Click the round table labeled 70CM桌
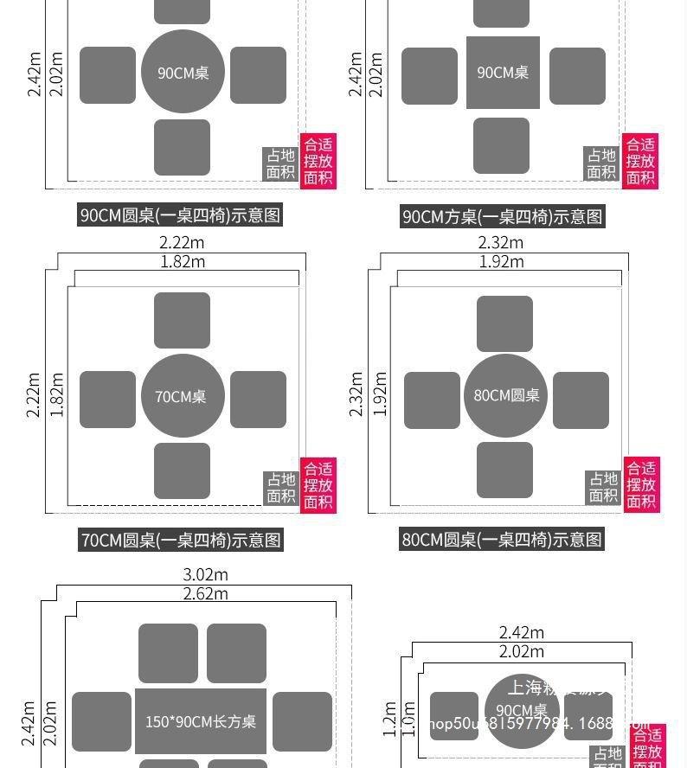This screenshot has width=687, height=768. [x=183, y=396]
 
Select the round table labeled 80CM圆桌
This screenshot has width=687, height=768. [x=506, y=395]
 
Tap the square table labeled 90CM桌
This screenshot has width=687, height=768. [x=503, y=73]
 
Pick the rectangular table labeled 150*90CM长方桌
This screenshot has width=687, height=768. [x=201, y=721]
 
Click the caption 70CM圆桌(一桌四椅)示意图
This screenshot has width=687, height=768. [x=182, y=540]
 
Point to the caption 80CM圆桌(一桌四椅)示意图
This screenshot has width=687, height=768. [x=502, y=540]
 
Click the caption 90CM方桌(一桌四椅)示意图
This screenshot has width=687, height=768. [x=502, y=216]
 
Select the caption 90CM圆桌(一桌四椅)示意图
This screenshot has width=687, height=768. [x=181, y=215]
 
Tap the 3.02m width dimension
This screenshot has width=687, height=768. [x=205, y=574]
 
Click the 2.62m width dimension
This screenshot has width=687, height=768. [x=205, y=593]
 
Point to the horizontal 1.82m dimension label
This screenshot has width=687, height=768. [x=183, y=261]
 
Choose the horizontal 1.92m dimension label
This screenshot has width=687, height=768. [x=501, y=261]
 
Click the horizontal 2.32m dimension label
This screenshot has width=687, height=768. [x=501, y=243]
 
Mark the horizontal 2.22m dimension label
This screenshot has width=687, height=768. [x=182, y=243]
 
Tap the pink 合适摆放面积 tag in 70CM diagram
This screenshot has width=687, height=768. [x=318, y=485]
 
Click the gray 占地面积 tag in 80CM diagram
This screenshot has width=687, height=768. [x=603, y=487]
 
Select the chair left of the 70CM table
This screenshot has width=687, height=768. [x=108, y=400]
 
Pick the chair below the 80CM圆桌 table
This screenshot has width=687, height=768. [x=504, y=470]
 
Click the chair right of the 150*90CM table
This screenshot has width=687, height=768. [x=302, y=721]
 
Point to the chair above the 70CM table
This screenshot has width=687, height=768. [x=183, y=320]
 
